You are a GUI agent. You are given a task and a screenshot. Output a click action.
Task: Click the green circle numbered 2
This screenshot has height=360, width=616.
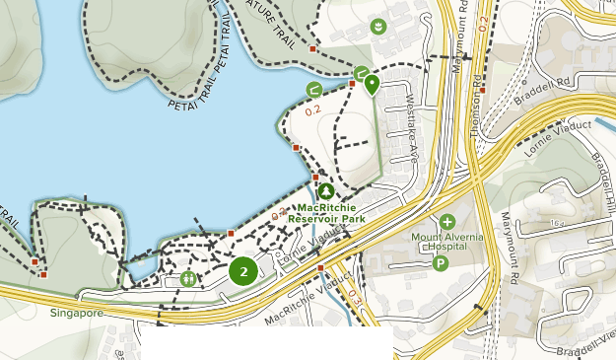[243, 270]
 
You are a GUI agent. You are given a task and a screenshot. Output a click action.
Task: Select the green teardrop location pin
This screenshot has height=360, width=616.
[372, 84]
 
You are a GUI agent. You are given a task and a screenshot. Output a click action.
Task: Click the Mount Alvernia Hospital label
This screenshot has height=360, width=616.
[450, 243]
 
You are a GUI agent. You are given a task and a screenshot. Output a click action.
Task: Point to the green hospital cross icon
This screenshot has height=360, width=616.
[447, 222]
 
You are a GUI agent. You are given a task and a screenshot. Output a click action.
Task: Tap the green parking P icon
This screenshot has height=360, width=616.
[441, 263]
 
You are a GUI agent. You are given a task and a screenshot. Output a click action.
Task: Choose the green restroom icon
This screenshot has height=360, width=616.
[188, 279]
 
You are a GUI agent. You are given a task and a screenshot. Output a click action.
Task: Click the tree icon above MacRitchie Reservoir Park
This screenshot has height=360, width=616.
[325, 191]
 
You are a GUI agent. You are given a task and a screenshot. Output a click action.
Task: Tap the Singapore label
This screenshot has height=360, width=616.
[76, 314]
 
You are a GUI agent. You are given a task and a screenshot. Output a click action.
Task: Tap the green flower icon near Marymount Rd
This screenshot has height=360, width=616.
[377, 25]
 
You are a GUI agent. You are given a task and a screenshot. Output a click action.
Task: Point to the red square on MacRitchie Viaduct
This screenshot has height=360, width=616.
[320, 267]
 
